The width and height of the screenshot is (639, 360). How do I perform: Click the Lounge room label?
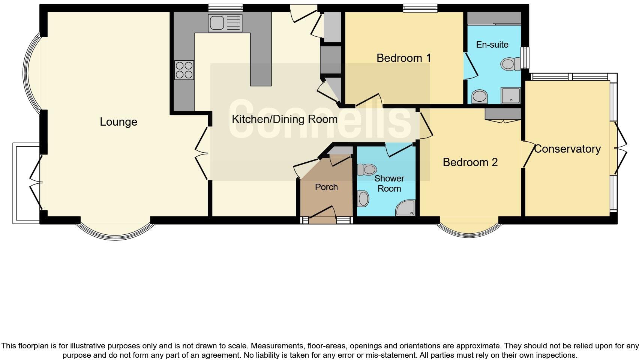[x=118, y=122]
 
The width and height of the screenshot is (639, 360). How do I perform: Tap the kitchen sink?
[x=225, y=23]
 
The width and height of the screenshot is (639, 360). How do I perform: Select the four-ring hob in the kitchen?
[x=184, y=70]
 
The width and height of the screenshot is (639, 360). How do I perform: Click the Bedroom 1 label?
[x=403, y=58]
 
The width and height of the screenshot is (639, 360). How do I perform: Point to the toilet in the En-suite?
[x=508, y=64]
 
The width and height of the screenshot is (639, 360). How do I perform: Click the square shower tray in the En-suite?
[x=511, y=95]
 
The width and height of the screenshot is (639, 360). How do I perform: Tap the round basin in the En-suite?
[x=479, y=96]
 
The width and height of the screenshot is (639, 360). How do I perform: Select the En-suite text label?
[x=492, y=45]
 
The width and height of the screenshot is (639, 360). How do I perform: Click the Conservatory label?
[x=567, y=149]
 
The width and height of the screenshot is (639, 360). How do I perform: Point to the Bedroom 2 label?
[x=470, y=162]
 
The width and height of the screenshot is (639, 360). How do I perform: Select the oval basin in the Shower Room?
[x=363, y=199]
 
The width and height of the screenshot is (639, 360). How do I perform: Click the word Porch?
[x=326, y=187]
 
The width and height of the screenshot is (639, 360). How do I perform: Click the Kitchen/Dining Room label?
[x=285, y=119]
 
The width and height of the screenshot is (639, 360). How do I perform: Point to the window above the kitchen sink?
[x=225, y=7]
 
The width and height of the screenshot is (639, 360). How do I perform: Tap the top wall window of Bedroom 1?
[x=420, y=7]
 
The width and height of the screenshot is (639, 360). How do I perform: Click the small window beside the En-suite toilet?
[x=526, y=58]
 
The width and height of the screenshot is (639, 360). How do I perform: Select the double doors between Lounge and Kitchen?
[x=201, y=153]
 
